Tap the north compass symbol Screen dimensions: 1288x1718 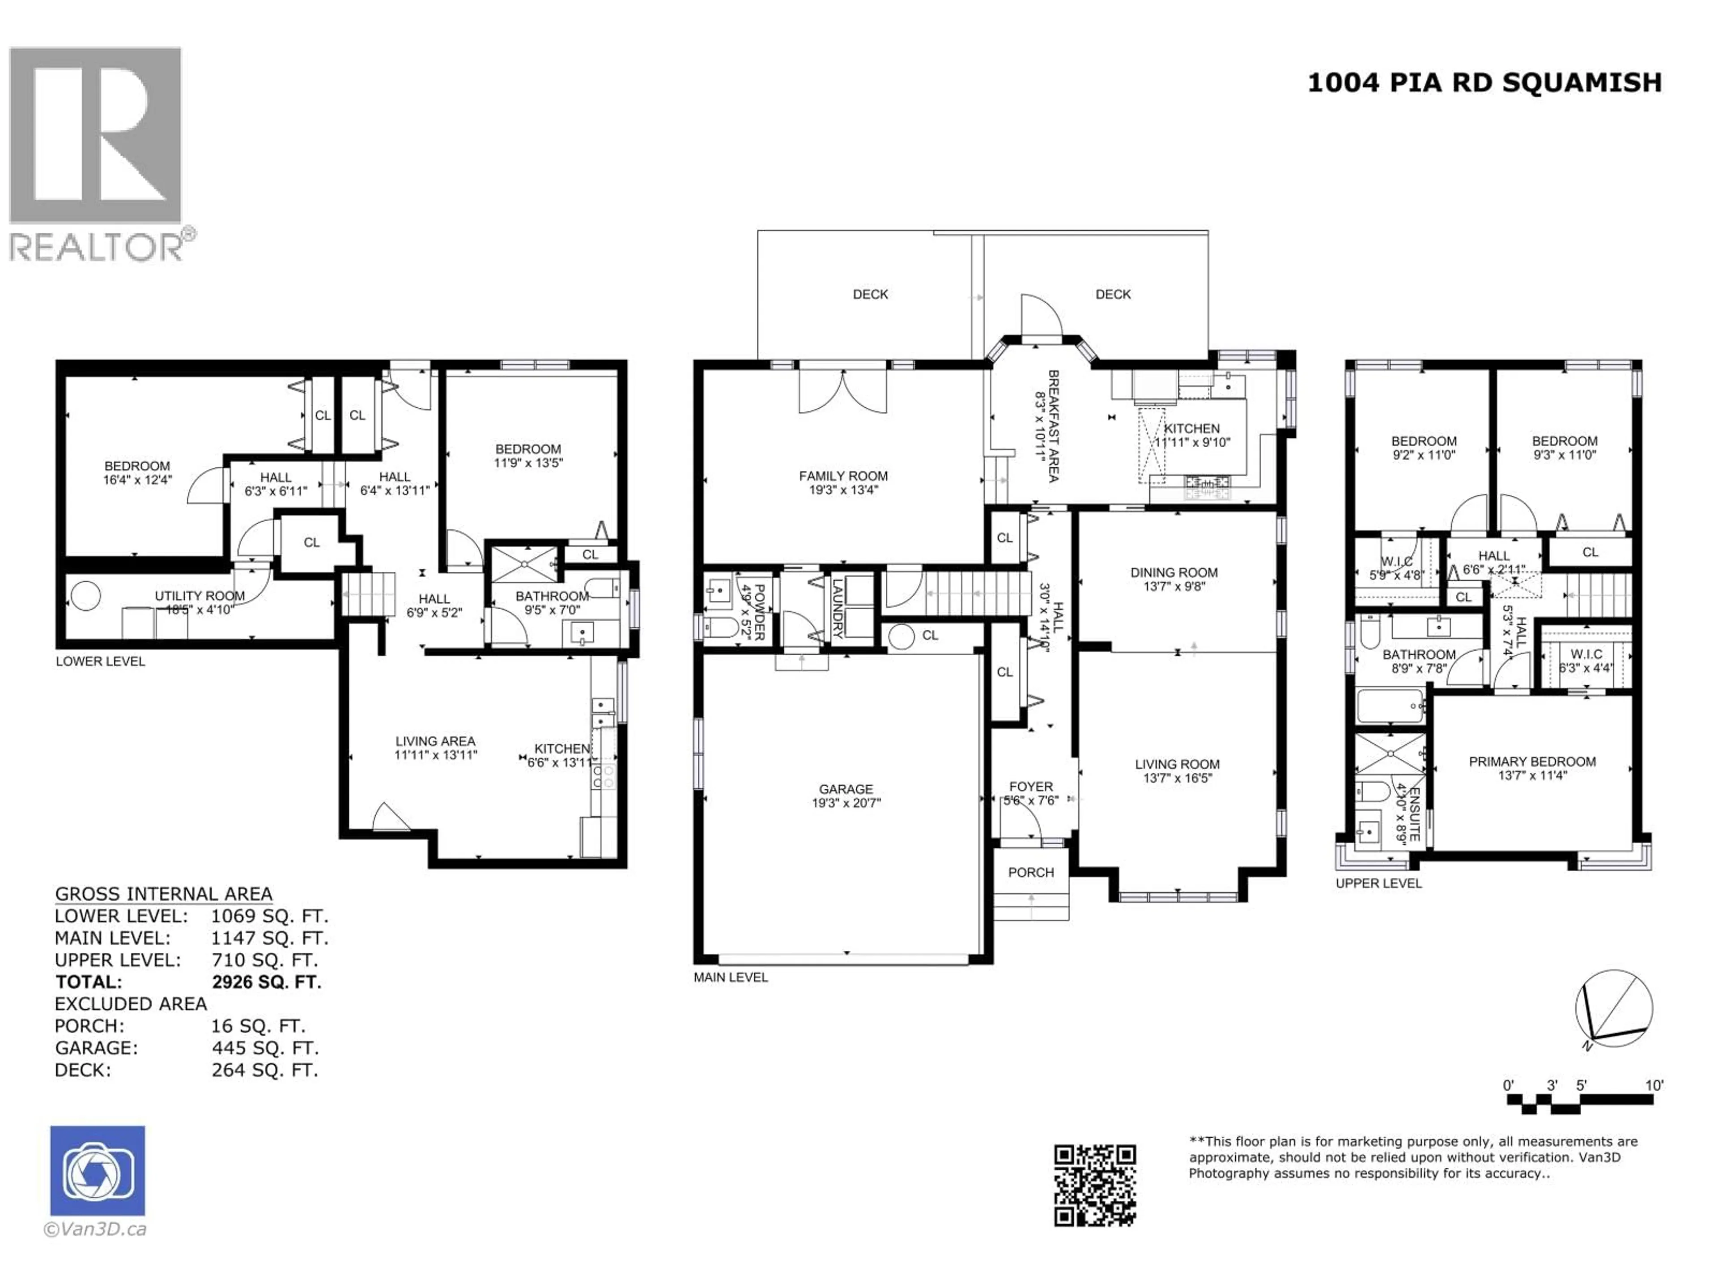(x=1613, y=1009)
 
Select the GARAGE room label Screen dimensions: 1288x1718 (x=846, y=789)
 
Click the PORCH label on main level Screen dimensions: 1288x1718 (x=1031, y=873)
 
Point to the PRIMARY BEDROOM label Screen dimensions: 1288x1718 (x=1531, y=762)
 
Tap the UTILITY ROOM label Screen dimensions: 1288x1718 (x=200, y=596)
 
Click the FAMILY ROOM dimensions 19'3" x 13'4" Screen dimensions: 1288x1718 (x=843, y=490)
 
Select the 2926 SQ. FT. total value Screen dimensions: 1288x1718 (x=266, y=982)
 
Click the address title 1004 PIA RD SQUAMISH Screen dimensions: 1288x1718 (x=1484, y=82)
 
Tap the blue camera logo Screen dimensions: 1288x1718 (x=97, y=1171)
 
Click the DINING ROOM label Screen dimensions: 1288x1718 (x=1174, y=572)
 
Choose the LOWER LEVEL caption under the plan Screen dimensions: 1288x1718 (x=100, y=661)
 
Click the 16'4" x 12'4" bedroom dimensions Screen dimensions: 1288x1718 (x=137, y=480)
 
